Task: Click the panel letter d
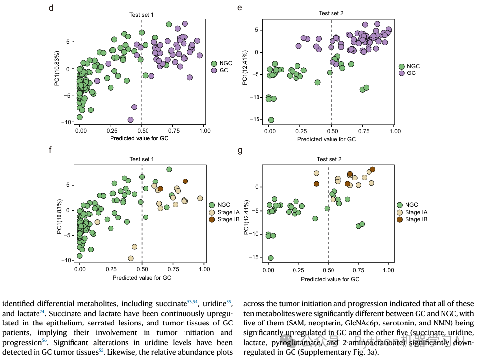pyautogui.click(x=51, y=8)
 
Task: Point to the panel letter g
pyautogui.click(x=240, y=150)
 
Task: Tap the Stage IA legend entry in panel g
pyautogui.click(x=416, y=212)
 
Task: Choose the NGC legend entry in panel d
pyautogui.click(x=225, y=63)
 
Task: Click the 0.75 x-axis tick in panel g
pyautogui.click(x=358, y=271)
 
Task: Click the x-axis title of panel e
pyautogui.click(x=327, y=139)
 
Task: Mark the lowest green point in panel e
pyautogui.click(x=271, y=120)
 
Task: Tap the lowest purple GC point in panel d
pyautogui.click(x=130, y=120)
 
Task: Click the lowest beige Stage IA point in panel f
pyautogui.click(x=131, y=258)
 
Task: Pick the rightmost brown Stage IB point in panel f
pyautogui.click(x=185, y=181)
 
